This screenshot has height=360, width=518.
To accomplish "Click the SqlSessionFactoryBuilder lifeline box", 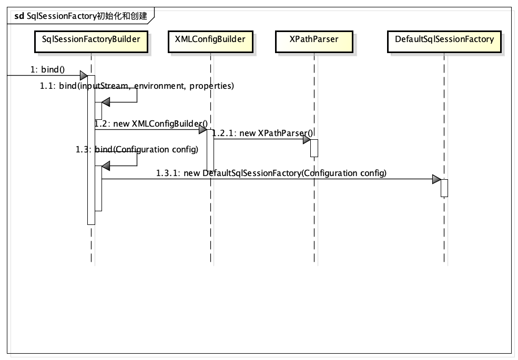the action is tap(91, 42).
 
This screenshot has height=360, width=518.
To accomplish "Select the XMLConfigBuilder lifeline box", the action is tap(210, 42).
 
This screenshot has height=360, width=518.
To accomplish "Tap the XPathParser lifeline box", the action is tap(314, 42).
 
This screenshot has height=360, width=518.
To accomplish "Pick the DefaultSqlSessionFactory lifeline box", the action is tap(444, 42).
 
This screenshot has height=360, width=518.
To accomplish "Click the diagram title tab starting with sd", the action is tap(80, 16).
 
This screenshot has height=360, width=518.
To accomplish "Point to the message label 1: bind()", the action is tap(47, 69).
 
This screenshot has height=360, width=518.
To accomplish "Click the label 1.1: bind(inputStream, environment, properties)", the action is tap(137, 86).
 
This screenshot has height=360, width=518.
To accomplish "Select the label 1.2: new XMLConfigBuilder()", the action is tap(151, 124).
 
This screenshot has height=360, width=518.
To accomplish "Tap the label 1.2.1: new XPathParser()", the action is tap(262, 133).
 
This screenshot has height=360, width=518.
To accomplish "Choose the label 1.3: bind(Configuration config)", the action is tap(137, 149).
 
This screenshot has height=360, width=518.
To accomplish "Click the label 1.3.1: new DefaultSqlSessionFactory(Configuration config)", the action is tap(271, 173).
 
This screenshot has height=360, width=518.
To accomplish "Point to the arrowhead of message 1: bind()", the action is tap(84, 76).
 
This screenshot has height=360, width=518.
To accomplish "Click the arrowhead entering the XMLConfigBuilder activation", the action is tap(203, 129).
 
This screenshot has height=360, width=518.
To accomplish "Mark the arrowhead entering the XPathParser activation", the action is tap(307, 139).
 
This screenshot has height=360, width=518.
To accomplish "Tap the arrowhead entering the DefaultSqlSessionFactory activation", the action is tap(436, 179).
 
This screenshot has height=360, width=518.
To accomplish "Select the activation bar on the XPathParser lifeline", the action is tap(314, 148).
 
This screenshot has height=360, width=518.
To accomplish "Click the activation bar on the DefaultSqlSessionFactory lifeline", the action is tap(444, 188).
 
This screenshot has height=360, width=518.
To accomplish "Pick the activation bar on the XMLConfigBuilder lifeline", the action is tap(210, 150).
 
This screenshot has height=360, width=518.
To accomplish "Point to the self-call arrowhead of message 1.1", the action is tap(106, 102).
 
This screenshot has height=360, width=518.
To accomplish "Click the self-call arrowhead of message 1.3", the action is tap(106, 166).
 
